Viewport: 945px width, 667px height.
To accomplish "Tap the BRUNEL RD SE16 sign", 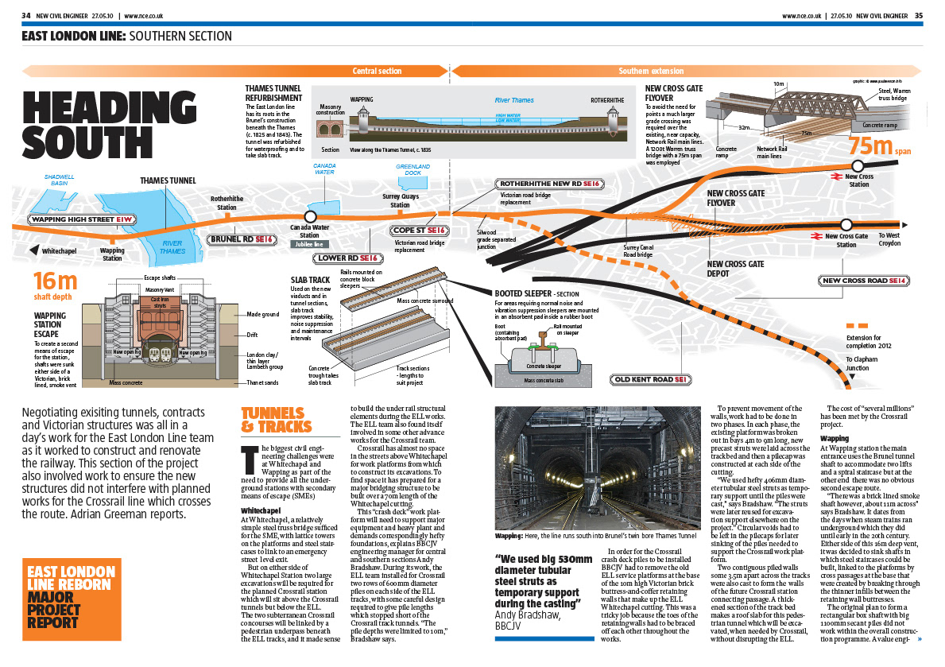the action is pos(242,238).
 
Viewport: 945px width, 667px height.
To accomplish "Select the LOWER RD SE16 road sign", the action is pos(349,258).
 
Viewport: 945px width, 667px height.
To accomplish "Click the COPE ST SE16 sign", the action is pos(420,231).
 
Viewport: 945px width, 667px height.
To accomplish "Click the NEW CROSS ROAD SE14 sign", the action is pos(865,281).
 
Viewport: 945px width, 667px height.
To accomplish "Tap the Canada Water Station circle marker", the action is pos(311,216).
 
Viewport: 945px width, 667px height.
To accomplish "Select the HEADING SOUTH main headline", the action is pos(109,125).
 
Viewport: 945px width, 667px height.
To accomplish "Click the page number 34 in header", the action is pos(26,15).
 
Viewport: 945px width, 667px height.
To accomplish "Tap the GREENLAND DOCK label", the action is pos(412,169).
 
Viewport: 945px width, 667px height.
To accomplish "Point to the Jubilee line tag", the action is pos(309,244).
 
